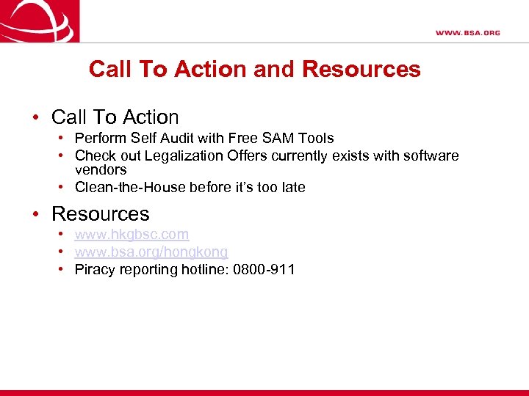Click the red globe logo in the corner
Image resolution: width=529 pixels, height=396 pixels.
pyautogui.click(x=37, y=21)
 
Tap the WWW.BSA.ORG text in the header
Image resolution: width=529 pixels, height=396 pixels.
pyautogui.click(x=467, y=33)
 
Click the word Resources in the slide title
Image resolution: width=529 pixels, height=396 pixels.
pyautogui.click(x=361, y=70)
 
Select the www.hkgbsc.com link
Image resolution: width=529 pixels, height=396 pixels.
pyautogui.click(x=132, y=235)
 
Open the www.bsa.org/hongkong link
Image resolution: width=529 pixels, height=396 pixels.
pyautogui.click(x=151, y=252)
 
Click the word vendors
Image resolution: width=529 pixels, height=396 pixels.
pyautogui.click(x=101, y=169)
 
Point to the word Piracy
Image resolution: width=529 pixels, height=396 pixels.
pyautogui.click(x=94, y=270)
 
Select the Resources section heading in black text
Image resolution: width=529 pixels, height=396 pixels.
pyautogui.click(x=100, y=214)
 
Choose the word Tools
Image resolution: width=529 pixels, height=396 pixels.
pyautogui.click(x=317, y=138)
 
